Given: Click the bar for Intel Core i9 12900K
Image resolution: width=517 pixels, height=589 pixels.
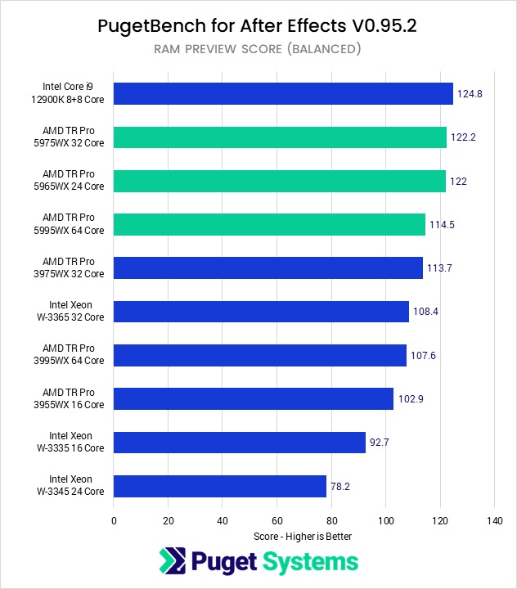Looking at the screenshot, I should (283, 93).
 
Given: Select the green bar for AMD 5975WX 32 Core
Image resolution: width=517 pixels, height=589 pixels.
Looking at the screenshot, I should (280, 137).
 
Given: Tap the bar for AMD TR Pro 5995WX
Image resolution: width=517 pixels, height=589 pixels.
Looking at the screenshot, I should (269, 224).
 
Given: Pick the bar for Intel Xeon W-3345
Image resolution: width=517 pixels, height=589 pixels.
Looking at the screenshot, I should (220, 486).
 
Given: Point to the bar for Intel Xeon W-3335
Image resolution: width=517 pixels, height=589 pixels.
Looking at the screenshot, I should (240, 443).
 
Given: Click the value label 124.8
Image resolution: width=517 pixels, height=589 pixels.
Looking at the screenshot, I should (470, 94).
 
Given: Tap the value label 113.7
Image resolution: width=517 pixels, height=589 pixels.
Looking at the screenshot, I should (440, 268).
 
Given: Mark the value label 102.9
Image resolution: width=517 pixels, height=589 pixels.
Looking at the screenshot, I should (411, 399).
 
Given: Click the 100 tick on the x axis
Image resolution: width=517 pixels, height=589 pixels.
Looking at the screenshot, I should (385, 520).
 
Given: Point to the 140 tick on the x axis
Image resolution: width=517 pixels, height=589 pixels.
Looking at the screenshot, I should (494, 520).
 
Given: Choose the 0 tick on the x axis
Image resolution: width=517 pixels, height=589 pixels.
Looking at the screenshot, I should (114, 520).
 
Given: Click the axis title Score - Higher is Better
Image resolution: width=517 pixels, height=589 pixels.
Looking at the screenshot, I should (303, 537).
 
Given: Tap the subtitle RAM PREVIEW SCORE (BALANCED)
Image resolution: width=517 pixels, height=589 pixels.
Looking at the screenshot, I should (258, 49).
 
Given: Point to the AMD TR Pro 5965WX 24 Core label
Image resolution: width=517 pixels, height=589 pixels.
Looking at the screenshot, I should (74, 181).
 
